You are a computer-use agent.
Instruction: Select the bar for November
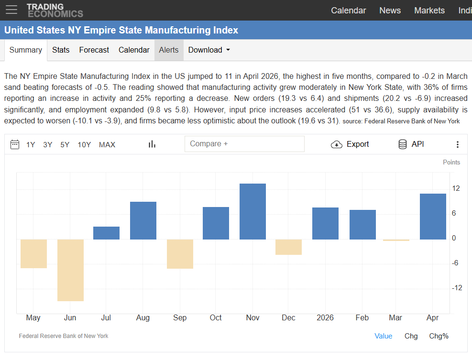pos(252,211)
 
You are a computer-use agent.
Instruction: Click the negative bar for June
pos(70,270)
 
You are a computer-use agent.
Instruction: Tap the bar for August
pos(143,220)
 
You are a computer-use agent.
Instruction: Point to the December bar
pos(288,247)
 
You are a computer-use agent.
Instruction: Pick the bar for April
pos(433,216)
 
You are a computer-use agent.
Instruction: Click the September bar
pos(180,254)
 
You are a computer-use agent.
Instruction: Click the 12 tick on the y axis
pos(456,188)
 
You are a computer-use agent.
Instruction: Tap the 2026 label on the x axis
pos(325,318)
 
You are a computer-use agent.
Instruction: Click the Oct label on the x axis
pos(216,318)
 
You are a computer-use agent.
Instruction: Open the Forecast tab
pos(94,50)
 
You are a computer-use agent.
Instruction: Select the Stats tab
pos(61,50)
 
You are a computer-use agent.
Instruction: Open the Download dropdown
pos(209,50)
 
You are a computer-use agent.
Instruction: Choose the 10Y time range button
pos(84,145)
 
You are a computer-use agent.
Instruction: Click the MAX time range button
pos(107,145)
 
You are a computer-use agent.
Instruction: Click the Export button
pos(350,144)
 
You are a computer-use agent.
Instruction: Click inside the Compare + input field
pos(244,144)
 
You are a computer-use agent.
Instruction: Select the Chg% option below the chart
pos(439,336)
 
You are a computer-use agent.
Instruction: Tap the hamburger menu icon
pos(11,10)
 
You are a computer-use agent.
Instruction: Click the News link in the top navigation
pos(390,11)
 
